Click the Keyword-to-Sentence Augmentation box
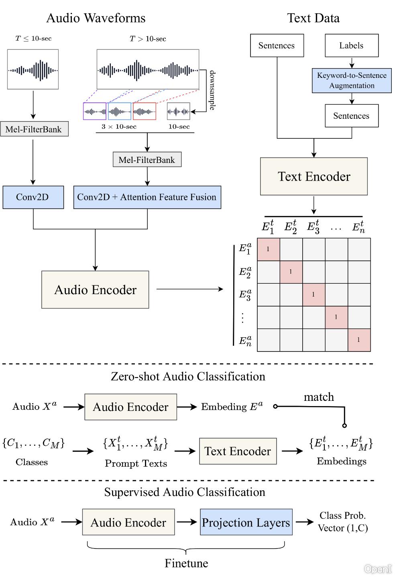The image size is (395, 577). coord(352,81)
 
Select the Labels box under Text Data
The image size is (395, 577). coord(351,45)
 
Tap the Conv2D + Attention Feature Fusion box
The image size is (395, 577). coord(147,197)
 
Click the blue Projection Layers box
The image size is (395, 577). coord(246,522)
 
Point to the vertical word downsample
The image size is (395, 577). coord(212,90)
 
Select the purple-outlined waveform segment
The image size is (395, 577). coord(95,111)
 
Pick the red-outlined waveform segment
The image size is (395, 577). coord(145,111)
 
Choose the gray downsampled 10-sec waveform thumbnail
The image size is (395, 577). coord(179,111)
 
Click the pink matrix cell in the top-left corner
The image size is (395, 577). coord(268,249)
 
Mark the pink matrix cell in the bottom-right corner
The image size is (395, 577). coord(359,340)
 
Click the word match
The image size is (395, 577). coord(319,397)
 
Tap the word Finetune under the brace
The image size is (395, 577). coord(186,563)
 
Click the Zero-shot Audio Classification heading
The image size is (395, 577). coord(188,376)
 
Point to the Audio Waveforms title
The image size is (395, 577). coord(96,18)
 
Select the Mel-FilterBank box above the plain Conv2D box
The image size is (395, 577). coord(34,129)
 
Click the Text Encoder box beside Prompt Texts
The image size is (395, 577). coord(238,451)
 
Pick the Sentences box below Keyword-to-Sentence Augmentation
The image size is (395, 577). coord(351,116)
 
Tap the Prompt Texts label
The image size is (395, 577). coord(136,463)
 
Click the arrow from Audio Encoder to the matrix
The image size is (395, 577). coord(189,289)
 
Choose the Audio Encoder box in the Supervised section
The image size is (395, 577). coord(128,522)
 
